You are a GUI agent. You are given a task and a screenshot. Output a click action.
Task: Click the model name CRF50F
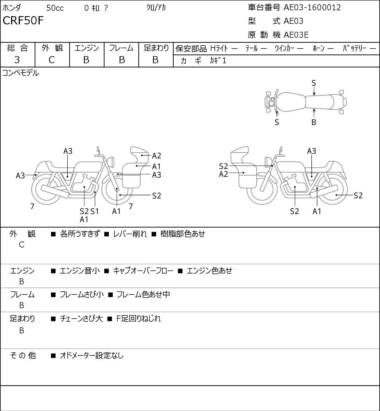(23, 20)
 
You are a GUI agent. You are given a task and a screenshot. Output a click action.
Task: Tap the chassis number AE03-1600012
(312, 8)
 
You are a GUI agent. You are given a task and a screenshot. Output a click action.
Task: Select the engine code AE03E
(296, 35)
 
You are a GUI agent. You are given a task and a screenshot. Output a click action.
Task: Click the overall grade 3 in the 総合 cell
(17, 60)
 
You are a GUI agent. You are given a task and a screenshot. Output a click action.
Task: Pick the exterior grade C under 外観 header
(52, 60)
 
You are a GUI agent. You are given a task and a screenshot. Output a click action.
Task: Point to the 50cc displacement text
(55, 8)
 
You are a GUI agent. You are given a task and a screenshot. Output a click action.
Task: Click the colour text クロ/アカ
(156, 8)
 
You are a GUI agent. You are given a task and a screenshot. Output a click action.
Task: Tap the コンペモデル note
(20, 73)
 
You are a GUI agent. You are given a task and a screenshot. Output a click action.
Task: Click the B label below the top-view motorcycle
(314, 122)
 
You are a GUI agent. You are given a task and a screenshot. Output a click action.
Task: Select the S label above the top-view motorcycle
(314, 83)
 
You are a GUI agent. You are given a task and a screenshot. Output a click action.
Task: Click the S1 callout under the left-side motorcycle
(95, 211)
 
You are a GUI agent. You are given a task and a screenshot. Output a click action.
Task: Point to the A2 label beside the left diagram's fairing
(156, 156)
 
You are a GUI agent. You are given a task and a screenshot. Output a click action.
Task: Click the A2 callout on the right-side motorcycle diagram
(224, 174)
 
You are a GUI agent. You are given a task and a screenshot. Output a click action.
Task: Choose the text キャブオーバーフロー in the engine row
(143, 271)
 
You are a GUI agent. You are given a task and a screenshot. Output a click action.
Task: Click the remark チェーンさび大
(81, 319)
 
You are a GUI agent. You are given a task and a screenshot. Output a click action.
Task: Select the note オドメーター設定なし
(92, 355)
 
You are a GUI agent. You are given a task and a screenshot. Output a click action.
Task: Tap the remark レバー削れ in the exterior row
(130, 234)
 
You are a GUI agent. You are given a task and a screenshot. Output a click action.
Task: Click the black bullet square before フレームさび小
(53, 295)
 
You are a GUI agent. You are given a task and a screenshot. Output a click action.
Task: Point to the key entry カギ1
(218, 60)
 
